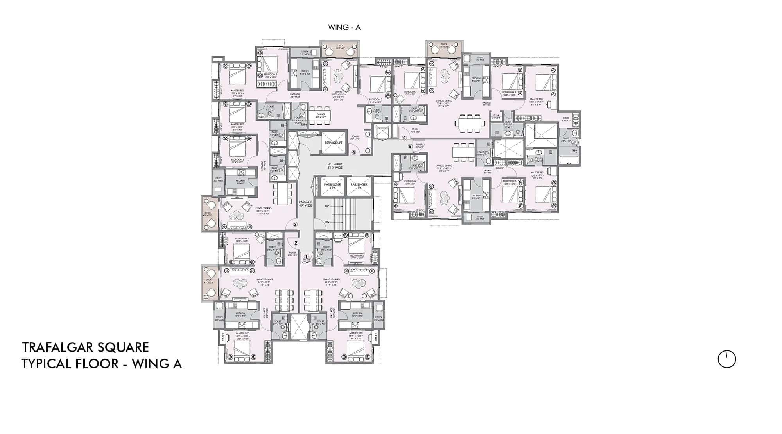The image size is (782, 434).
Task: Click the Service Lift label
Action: point(333,143)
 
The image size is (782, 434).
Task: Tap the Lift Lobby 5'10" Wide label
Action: point(335,166)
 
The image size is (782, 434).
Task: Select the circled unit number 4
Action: point(353,153)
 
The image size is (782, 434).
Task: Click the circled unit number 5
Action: point(404,138)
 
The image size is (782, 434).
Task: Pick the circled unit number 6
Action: point(410,146)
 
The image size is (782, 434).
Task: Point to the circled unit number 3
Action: point(295,224)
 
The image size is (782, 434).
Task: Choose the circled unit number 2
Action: point(296,243)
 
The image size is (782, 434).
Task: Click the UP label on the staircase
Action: point(327,206)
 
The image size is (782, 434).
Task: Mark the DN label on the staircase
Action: point(327,222)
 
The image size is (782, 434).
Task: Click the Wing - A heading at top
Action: point(344,27)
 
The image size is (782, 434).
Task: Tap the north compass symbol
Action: point(727,359)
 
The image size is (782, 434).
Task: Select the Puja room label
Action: point(496,116)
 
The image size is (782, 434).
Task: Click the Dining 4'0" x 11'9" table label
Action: point(320,116)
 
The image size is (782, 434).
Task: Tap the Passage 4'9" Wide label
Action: point(305,204)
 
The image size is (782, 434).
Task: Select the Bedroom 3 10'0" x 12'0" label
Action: point(270,76)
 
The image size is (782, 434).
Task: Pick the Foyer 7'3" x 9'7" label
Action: point(354,138)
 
